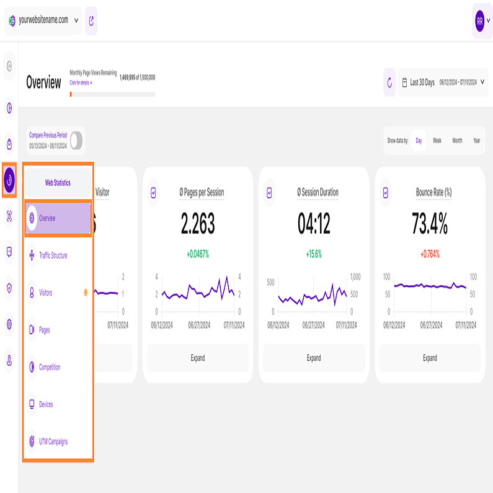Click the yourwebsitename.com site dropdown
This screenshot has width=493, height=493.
[43, 20]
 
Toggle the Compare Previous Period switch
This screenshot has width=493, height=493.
[76, 141]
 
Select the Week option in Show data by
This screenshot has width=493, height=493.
[437, 141]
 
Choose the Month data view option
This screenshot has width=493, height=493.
[457, 141]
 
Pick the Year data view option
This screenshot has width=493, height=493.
[476, 141]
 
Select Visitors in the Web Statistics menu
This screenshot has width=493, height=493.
[45, 293]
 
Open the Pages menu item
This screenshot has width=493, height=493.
[44, 330]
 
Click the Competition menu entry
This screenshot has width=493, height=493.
[50, 367]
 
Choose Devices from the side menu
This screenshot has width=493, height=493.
[46, 404]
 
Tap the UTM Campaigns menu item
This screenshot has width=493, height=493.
[53, 442]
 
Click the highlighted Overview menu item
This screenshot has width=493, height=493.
[58, 218]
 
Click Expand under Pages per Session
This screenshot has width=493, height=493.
[197, 358]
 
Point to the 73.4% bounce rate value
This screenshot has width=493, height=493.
[430, 223]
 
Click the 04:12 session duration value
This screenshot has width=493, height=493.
[314, 223]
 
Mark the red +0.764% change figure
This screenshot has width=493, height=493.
[430, 254]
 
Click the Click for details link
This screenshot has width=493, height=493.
[81, 82]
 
